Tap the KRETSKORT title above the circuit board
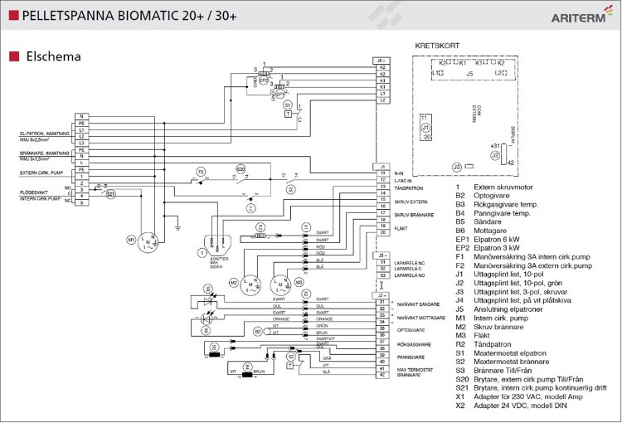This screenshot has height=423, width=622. tap(438, 46)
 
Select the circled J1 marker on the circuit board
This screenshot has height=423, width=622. tap(425, 128)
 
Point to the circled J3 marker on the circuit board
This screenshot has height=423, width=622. tap(456, 168)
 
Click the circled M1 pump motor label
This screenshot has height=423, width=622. tap(131, 240)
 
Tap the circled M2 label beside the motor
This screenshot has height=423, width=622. tap(233, 283)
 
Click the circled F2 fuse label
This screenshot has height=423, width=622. tap(202, 171)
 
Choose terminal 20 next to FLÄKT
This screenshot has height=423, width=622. tap(382, 232)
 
